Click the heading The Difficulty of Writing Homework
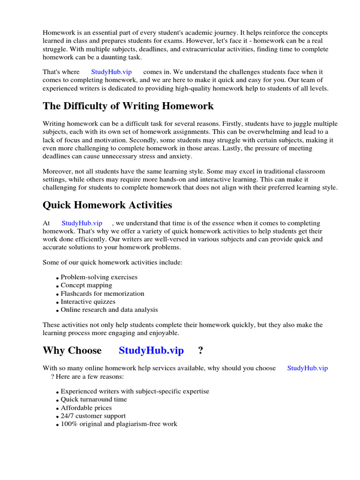pos(128,106)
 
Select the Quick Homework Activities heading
pos(107,205)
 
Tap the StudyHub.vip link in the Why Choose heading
pos(151,350)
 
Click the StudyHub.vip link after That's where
pos(111,72)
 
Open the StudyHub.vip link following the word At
pos(82,224)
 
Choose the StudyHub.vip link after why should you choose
pos(307,368)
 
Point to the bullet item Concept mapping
pos(86,285)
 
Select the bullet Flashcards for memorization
pos(102,293)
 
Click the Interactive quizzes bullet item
pos(88,301)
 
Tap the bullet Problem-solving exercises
pos(99,277)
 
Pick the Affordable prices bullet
pos(86,408)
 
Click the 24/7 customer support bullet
pos(93,416)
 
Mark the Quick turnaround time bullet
pos(94,399)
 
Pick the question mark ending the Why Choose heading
pos(201,350)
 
